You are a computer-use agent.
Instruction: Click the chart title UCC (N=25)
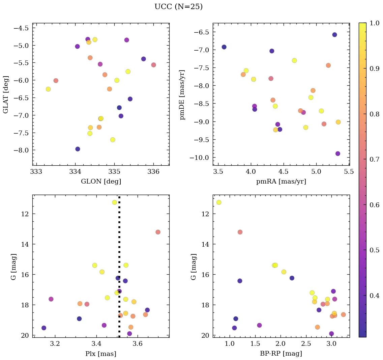point(178,7)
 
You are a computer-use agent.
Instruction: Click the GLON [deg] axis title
point(101,182)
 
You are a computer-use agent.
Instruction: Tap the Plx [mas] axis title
point(101,354)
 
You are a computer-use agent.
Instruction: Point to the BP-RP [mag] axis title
point(281,354)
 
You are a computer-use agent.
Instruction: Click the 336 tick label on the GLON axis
point(153,172)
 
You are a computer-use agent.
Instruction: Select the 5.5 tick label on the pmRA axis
point(349,172)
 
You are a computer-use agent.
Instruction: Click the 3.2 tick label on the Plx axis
point(55,344)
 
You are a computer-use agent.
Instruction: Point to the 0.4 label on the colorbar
point(375,296)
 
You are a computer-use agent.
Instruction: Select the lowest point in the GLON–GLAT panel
point(78,149)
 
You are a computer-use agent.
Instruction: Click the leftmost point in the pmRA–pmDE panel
point(224,47)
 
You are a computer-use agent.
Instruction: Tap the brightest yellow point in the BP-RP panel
point(219,202)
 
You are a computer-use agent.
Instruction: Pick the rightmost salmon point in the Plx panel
point(158,232)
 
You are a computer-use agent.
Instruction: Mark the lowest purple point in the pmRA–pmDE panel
point(337,154)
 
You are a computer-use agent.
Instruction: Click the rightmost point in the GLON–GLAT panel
point(153,65)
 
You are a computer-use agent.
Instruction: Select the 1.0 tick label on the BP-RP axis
point(230,344)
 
